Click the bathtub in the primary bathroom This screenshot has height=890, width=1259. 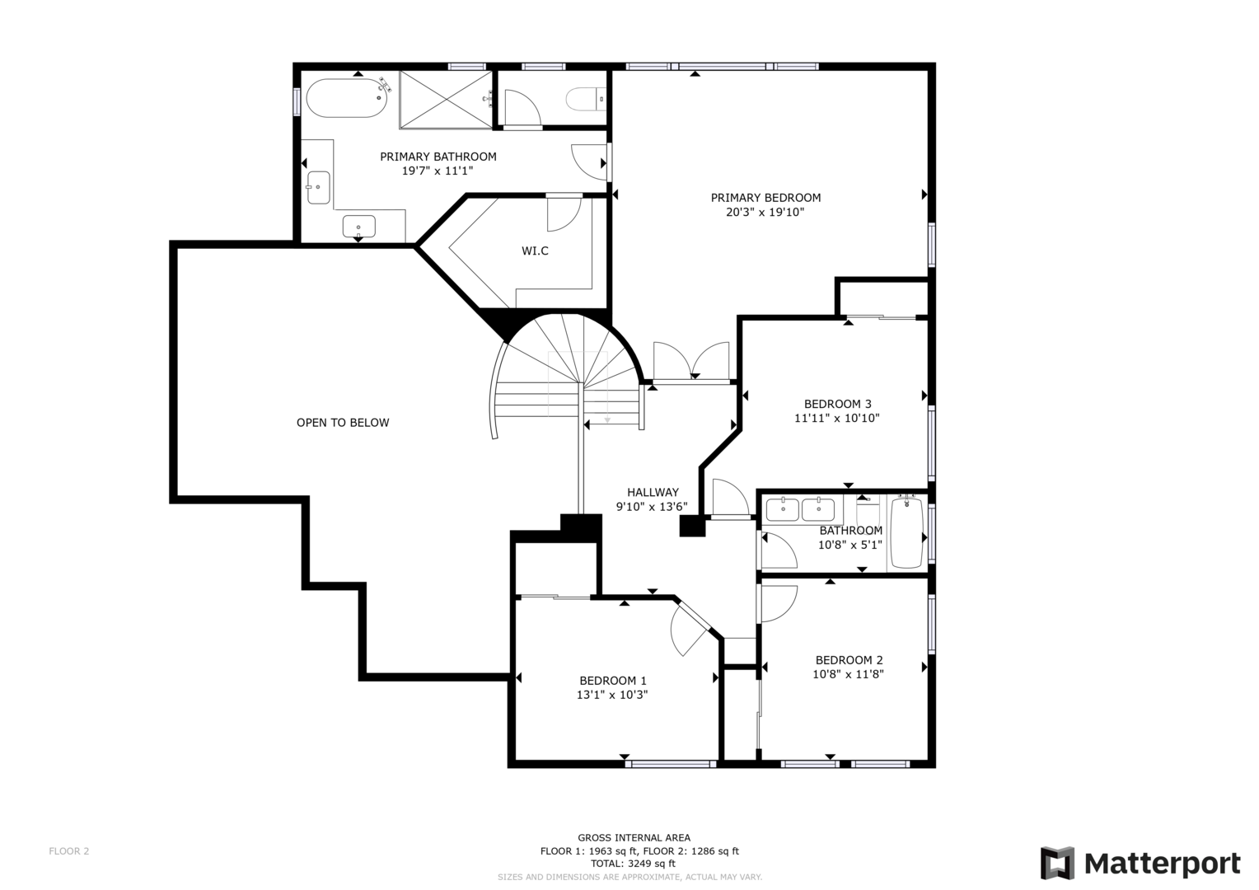(347, 98)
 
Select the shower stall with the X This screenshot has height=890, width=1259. (446, 99)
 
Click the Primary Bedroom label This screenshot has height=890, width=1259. (765, 197)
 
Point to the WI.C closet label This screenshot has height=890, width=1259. (535, 251)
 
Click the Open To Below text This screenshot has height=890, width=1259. (343, 423)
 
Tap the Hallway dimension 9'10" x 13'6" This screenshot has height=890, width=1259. (652, 507)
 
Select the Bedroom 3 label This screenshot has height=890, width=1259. (837, 404)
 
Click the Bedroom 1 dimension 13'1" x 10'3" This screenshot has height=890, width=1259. (612, 695)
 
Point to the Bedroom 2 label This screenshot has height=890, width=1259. (849, 660)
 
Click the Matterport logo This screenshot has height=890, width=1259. (1140, 863)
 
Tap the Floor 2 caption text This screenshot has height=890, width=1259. (69, 851)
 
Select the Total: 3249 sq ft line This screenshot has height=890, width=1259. (633, 864)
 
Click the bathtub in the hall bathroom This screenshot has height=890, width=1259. (907, 532)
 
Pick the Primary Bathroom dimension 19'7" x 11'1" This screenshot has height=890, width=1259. (438, 171)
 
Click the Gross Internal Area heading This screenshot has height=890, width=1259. (634, 838)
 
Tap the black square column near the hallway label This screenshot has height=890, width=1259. (692, 525)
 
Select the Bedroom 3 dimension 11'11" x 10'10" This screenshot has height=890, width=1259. (837, 419)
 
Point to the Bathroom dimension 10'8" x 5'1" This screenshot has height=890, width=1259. (849, 545)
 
